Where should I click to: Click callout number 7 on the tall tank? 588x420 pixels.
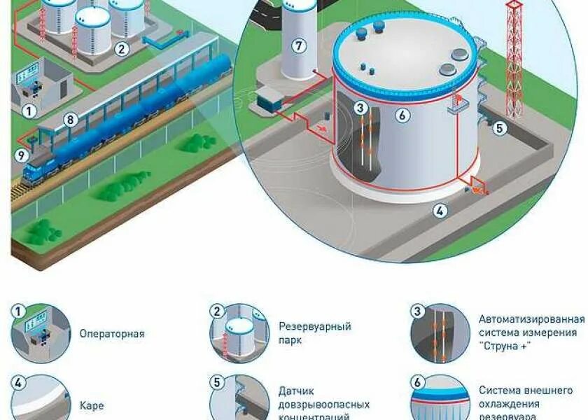click(299, 46)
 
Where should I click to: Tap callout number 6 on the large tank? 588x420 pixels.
click(402, 115)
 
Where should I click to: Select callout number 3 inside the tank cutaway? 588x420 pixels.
click(360, 108)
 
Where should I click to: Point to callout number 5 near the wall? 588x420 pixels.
click(499, 128)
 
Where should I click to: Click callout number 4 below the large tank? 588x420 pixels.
click(440, 210)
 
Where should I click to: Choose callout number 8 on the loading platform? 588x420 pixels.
click(70, 120)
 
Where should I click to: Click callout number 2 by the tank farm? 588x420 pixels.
click(122, 48)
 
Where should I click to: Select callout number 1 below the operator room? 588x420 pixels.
click(29, 111)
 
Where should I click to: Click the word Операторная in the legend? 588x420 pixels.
click(112, 334)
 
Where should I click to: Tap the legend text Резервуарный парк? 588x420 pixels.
click(315, 333)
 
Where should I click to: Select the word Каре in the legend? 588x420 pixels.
click(92, 405)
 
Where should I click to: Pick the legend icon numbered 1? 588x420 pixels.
click(41, 333)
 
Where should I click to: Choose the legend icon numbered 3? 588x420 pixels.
click(439, 333)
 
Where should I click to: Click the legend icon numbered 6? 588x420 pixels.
click(439, 400)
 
